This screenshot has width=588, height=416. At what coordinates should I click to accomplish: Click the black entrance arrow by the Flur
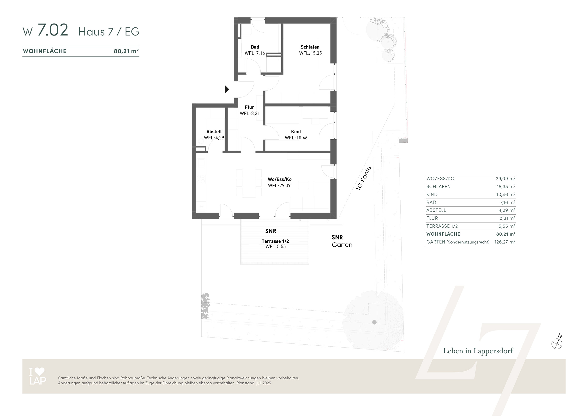click(x=227, y=89)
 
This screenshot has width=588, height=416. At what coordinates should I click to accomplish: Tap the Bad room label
click(x=255, y=47)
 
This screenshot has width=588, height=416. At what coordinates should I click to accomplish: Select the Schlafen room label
click(x=310, y=47)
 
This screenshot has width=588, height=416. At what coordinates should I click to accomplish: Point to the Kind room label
click(x=296, y=131)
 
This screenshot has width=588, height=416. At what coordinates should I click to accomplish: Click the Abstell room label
click(x=214, y=131)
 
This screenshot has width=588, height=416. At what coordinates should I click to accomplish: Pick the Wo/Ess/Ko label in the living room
click(x=280, y=179)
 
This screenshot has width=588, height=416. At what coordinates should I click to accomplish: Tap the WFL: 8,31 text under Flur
click(x=250, y=113)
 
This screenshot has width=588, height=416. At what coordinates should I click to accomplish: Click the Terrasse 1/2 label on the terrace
click(x=275, y=241)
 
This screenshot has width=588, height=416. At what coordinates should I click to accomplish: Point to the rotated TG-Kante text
click(x=363, y=178)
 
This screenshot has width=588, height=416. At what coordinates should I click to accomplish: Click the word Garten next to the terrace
click(x=342, y=245)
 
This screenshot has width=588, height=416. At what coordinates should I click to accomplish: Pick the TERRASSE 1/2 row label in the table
click(x=442, y=226)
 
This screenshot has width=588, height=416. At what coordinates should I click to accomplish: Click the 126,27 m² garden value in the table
click(x=505, y=242)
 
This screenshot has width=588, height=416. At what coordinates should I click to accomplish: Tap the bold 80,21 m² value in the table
click(x=506, y=234)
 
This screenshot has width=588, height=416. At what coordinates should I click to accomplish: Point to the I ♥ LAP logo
click(x=38, y=376)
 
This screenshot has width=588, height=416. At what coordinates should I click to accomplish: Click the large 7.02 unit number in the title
click(x=53, y=30)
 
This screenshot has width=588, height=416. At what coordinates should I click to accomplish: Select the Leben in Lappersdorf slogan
click(x=478, y=351)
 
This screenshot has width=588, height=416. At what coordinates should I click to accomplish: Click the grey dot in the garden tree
click(x=374, y=322)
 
